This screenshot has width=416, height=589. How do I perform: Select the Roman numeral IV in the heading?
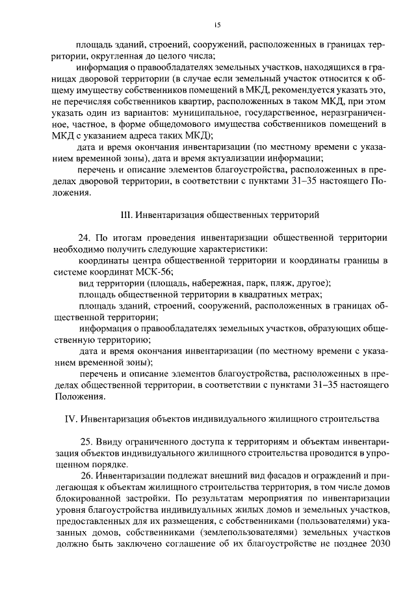coord(71,417)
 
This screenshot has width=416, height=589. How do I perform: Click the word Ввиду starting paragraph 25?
coord(112,442)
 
